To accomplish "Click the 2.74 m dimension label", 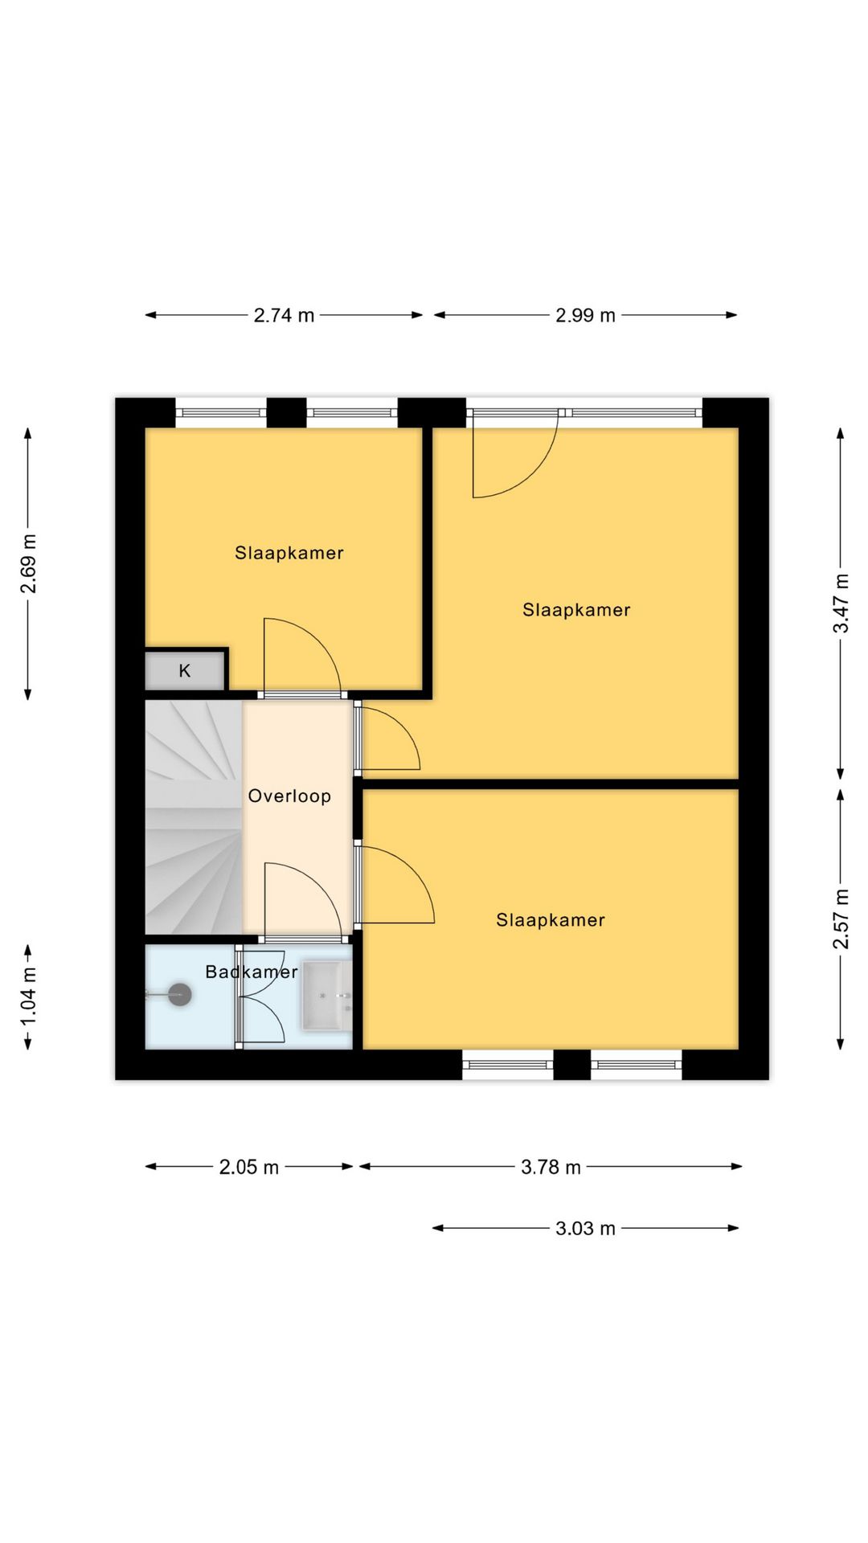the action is pos(284,315).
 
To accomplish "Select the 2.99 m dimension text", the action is pos(585,315).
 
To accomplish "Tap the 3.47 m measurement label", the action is pos(841,603).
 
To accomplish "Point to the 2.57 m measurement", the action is pos(841,919).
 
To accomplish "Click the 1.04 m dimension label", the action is pos(28,996).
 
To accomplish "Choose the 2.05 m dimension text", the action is pos(249,1167).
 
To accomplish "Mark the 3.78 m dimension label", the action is pos(551,1167).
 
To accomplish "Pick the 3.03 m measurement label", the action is pos(585,1228).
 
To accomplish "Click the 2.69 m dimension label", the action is pos(28,563).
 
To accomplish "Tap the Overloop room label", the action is pos(289,796).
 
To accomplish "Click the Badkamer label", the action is pos(252,972).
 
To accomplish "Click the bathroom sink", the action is pos(326,996).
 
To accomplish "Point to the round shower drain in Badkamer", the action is pos(179,995).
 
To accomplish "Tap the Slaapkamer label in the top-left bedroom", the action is pos(289,553).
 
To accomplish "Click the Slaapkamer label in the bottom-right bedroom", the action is pos(551,920).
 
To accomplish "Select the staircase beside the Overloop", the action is pos(194,817).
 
